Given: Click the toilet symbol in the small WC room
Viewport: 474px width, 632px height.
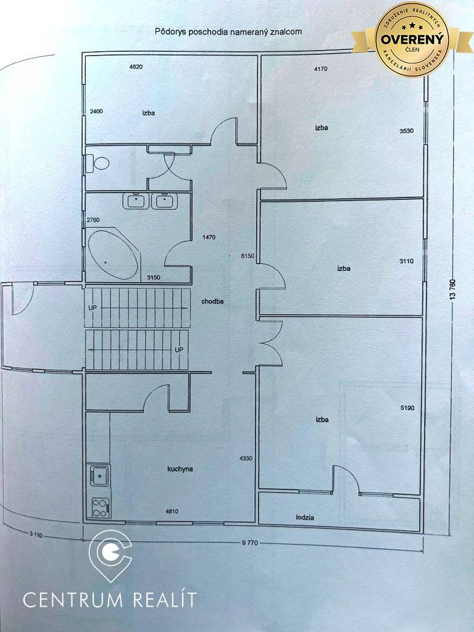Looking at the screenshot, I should click(x=98, y=164).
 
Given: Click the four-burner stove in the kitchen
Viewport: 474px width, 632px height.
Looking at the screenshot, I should click(x=100, y=507).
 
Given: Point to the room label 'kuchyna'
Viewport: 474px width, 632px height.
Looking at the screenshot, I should click(x=180, y=469).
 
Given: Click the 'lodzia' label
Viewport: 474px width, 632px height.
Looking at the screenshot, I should click(x=305, y=517).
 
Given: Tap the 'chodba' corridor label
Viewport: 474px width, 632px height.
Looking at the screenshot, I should click(x=212, y=302).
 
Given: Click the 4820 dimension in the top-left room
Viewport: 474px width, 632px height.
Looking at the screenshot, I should click(x=136, y=67).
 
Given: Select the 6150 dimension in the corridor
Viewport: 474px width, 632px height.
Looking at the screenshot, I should click(x=247, y=255).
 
